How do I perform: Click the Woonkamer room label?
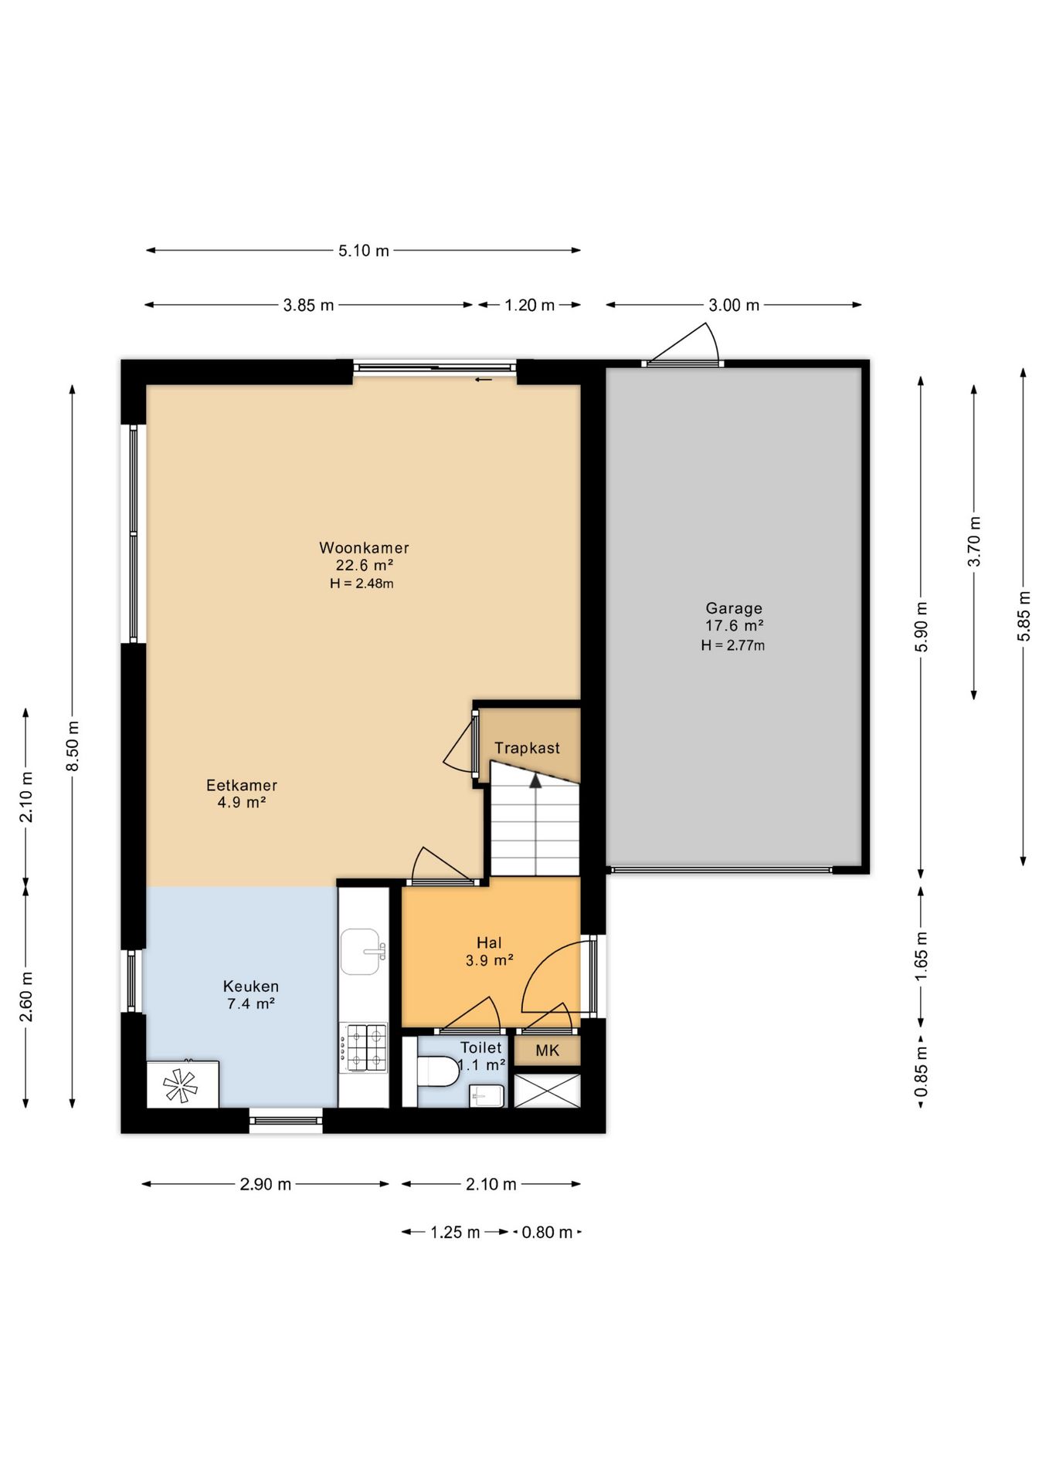(364, 548)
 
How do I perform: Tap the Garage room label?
(734, 608)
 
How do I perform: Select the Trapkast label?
(527, 748)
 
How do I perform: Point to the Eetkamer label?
(242, 785)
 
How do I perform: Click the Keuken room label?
(251, 986)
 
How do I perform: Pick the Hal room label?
(489, 942)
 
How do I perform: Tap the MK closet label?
(548, 1051)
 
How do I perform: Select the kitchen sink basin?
(363, 952)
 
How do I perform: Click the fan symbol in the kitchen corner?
(181, 1084)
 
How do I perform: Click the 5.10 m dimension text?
(364, 251)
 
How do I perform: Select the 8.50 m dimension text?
(73, 746)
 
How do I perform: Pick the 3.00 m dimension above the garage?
(734, 305)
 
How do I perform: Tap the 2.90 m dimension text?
(265, 1184)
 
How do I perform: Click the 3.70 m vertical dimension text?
(974, 540)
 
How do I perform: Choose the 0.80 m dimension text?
(547, 1232)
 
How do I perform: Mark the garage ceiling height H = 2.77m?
(733, 645)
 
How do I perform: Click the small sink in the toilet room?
(487, 1095)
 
